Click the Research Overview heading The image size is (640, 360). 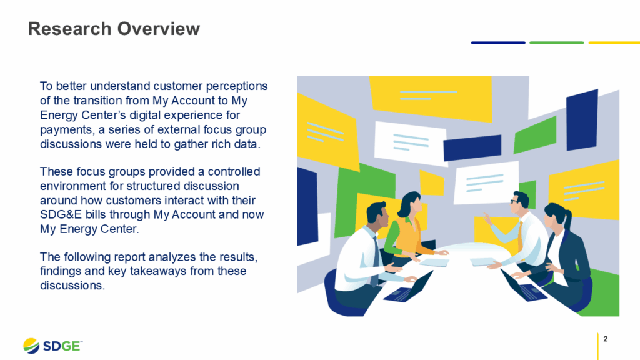[x=114, y=29]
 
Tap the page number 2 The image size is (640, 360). [x=606, y=339]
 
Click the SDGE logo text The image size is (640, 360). [x=62, y=346]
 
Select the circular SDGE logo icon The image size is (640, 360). [x=31, y=346]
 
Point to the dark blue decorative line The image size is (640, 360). [x=497, y=42]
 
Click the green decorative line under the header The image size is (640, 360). [x=556, y=42]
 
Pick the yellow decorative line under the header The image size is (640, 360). [x=614, y=42]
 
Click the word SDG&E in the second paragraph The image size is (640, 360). [x=61, y=214]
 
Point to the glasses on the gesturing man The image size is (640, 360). [x=514, y=202]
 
